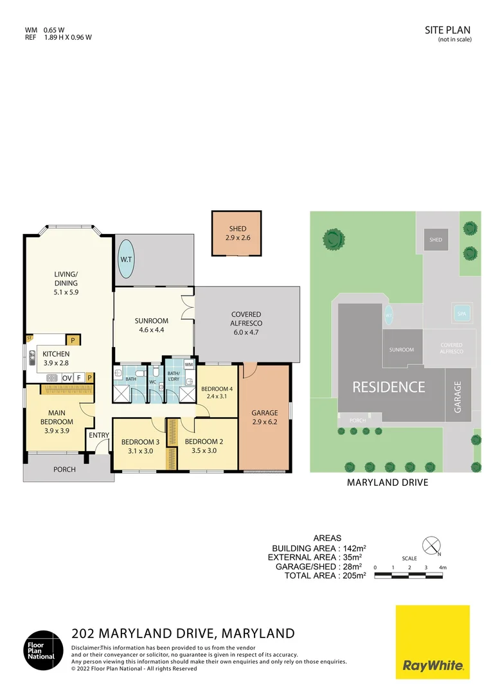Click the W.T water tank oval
tap(125, 260)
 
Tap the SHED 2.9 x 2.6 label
tap(237, 233)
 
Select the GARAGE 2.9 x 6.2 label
tap(265, 417)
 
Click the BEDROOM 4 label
tap(217, 393)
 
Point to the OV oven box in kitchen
tap(67, 378)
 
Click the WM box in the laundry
tap(188, 364)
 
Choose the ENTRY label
tap(99, 435)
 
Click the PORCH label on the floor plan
tap(64, 470)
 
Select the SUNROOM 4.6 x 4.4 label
tap(152, 326)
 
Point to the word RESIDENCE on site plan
tap(388, 387)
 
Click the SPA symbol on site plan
tap(460, 314)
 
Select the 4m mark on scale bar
tap(442, 567)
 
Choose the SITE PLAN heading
tap(448, 30)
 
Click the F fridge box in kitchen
tap(78, 378)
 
